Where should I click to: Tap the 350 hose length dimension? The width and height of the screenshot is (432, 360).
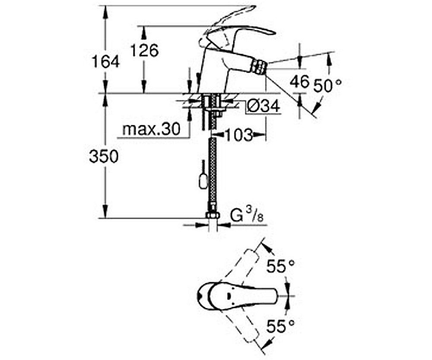[104, 156]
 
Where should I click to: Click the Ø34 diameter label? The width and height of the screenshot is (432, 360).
[264, 105]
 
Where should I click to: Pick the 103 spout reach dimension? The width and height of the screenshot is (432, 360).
[238, 135]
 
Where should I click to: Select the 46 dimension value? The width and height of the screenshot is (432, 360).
[299, 81]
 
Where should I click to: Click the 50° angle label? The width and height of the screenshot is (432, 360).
[327, 86]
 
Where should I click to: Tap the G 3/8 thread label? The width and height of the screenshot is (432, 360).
[247, 216]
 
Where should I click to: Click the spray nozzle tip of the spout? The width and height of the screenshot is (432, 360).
[258, 67]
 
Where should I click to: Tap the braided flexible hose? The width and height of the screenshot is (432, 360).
[212, 173]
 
